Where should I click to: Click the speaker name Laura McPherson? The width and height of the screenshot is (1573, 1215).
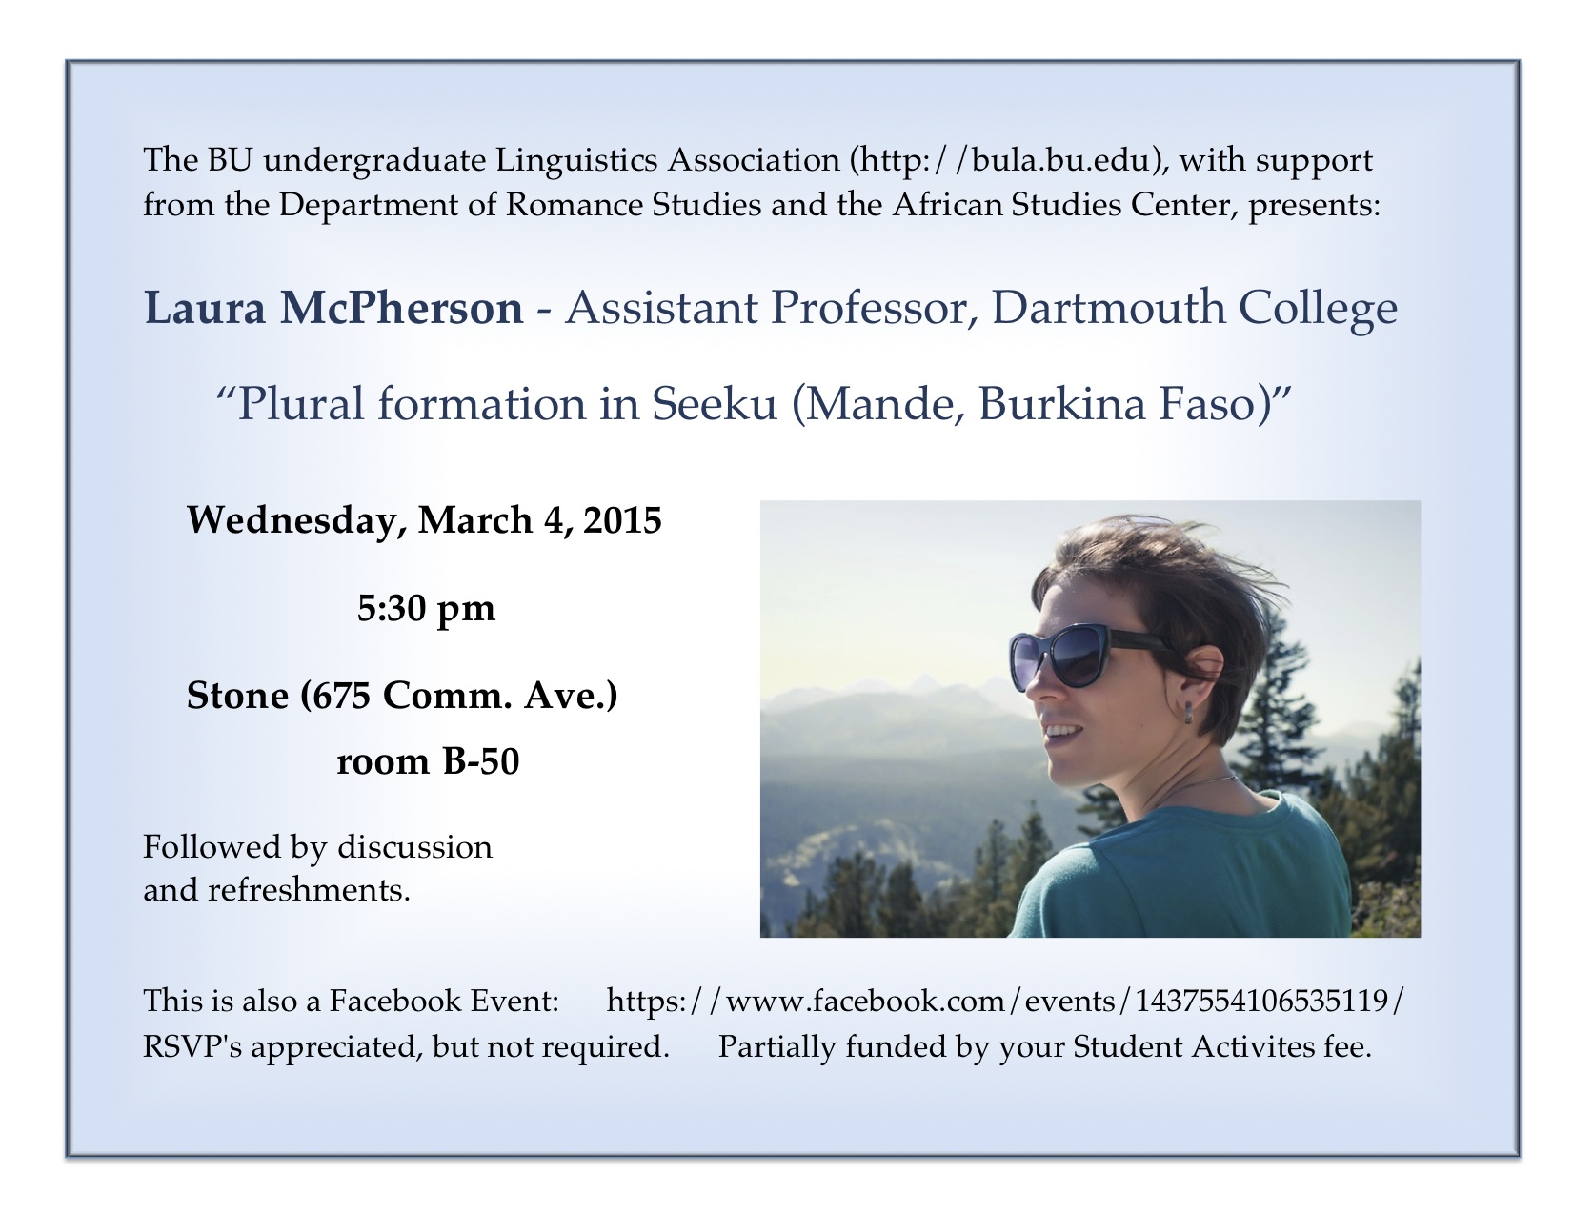tap(333, 307)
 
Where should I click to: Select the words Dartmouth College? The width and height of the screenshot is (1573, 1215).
tap(1194, 309)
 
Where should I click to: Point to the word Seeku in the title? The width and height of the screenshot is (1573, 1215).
tap(714, 403)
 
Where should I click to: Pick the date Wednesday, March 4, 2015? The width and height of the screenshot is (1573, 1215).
tap(424, 520)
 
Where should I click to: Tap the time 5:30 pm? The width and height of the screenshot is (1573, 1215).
tap(426, 609)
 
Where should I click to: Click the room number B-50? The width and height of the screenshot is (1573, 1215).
tap(480, 761)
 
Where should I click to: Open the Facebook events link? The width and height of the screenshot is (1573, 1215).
tap(1005, 1002)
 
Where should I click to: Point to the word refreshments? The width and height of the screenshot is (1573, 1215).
tap(309, 890)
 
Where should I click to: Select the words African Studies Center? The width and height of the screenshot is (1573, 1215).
tap(1062, 205)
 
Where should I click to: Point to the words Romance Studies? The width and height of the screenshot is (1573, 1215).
tap(634, 205)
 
